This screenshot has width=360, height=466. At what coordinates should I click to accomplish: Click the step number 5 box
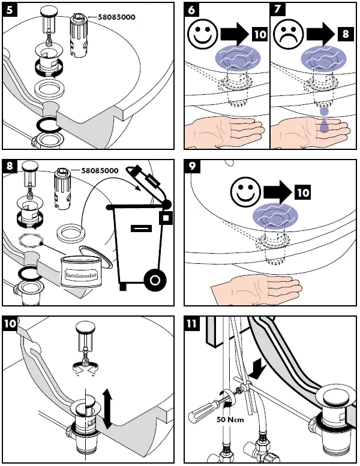10,10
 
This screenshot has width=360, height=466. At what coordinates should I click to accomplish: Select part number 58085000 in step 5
113,17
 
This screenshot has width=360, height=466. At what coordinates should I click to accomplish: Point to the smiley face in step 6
202,35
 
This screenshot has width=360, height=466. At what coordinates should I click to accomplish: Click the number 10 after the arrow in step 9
302,193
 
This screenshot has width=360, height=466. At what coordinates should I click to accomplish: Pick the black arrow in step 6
235,35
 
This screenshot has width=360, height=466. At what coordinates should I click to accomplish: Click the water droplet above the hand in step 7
323,111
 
